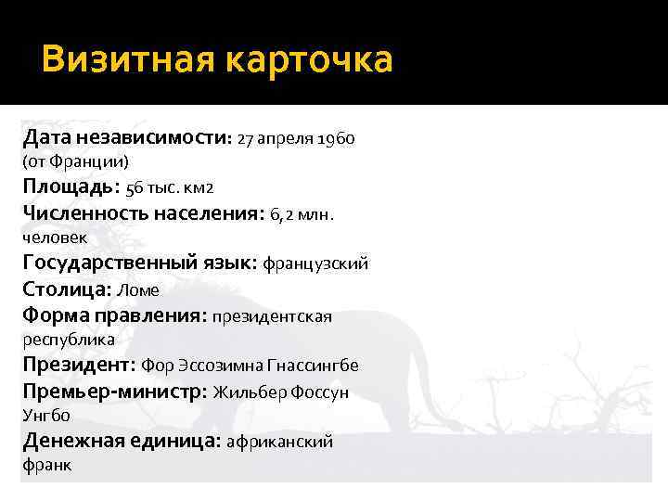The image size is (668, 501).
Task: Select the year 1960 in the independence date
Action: coord(336,140)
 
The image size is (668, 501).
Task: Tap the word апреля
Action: coord(286,140)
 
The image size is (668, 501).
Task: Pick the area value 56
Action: coord(135,189)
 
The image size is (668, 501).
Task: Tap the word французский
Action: coord(315,264)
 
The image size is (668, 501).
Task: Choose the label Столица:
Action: coord(67,289)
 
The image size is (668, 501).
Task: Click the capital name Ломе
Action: coord(138,290)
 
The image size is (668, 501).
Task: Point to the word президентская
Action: coord(272,316)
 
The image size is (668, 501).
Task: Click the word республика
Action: coord(69,340)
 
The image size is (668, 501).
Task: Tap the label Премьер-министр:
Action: coord(115,392)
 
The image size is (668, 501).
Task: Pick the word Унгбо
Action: coord(46,416)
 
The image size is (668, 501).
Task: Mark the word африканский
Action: coord(279,442)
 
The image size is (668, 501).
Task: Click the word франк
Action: coord(46,465)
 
